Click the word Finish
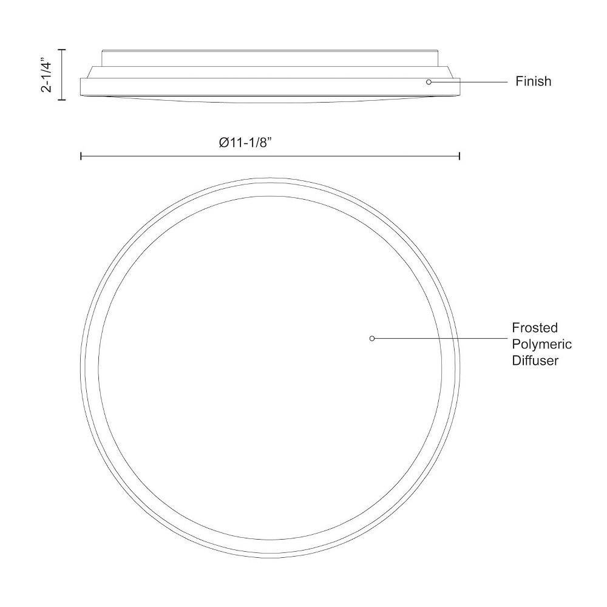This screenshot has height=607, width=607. [533, 81]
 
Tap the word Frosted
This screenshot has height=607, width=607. [535, 328]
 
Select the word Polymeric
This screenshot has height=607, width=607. [541, 344]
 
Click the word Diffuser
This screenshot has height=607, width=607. [535, 361]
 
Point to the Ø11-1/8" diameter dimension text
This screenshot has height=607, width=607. [244, 143]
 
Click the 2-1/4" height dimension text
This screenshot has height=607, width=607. [46, 75]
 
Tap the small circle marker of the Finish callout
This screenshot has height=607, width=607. [429, 82]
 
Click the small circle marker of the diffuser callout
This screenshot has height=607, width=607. [372, 338]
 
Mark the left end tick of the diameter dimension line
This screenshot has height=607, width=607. [81, 156]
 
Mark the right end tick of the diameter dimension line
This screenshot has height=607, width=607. [459, 156]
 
